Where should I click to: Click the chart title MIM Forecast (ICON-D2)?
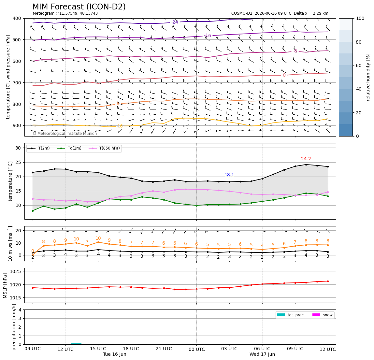click(79, 7)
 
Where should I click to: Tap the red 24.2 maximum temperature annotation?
click(306, 159)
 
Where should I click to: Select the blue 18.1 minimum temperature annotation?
click(229, 175)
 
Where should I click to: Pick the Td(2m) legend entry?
click(69, 148)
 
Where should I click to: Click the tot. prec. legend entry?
click(291, 315)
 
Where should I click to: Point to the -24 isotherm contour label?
click(175, 22)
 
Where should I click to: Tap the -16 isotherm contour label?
click(208, 36)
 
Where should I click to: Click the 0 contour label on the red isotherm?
click(284, 75)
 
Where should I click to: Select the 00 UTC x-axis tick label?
click(196, 350)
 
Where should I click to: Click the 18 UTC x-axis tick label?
click(131, 349)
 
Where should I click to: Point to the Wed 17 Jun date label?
click(262, 354)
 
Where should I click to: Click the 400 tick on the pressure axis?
click(17, 18)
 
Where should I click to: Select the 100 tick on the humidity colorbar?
click(360, 18)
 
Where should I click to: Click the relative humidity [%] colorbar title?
click(368, 77)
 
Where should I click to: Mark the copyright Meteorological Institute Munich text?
click(65, 133)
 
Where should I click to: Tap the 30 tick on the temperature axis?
click(18, 148)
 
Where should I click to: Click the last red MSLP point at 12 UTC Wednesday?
click(328, 281)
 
